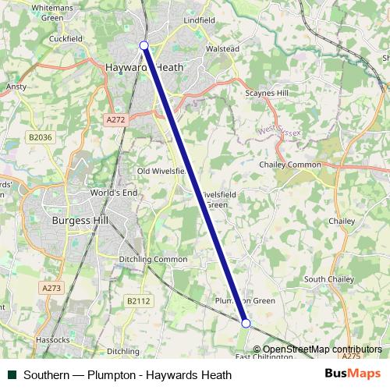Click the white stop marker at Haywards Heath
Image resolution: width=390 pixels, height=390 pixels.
coord(144,45)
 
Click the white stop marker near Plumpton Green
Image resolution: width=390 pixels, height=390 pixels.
coord(246,323)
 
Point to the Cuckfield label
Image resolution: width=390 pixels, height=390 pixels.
coord(66,37)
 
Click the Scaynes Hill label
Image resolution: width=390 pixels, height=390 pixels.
coord(267,93)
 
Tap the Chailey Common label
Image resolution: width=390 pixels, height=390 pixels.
coord(289,165)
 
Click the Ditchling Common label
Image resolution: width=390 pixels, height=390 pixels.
coord(153,259)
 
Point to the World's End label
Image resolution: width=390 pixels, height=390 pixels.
coord(113,192)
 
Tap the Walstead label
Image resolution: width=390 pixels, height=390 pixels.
coord(222,48)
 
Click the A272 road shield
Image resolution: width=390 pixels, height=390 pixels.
coord(114,119)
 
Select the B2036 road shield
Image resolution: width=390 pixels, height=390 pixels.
coord(39,137)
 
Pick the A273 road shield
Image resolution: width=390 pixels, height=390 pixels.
coord(51,288)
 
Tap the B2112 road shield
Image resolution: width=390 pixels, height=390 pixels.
coord(139,300)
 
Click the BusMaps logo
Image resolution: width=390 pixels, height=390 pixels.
coord(353,374)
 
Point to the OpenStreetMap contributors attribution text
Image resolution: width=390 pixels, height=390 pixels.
coord(322,349)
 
